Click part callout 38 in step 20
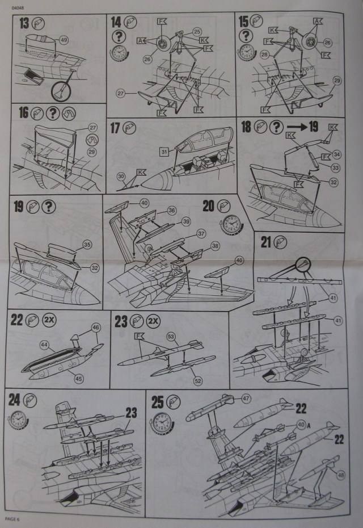(x=216, y=246)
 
